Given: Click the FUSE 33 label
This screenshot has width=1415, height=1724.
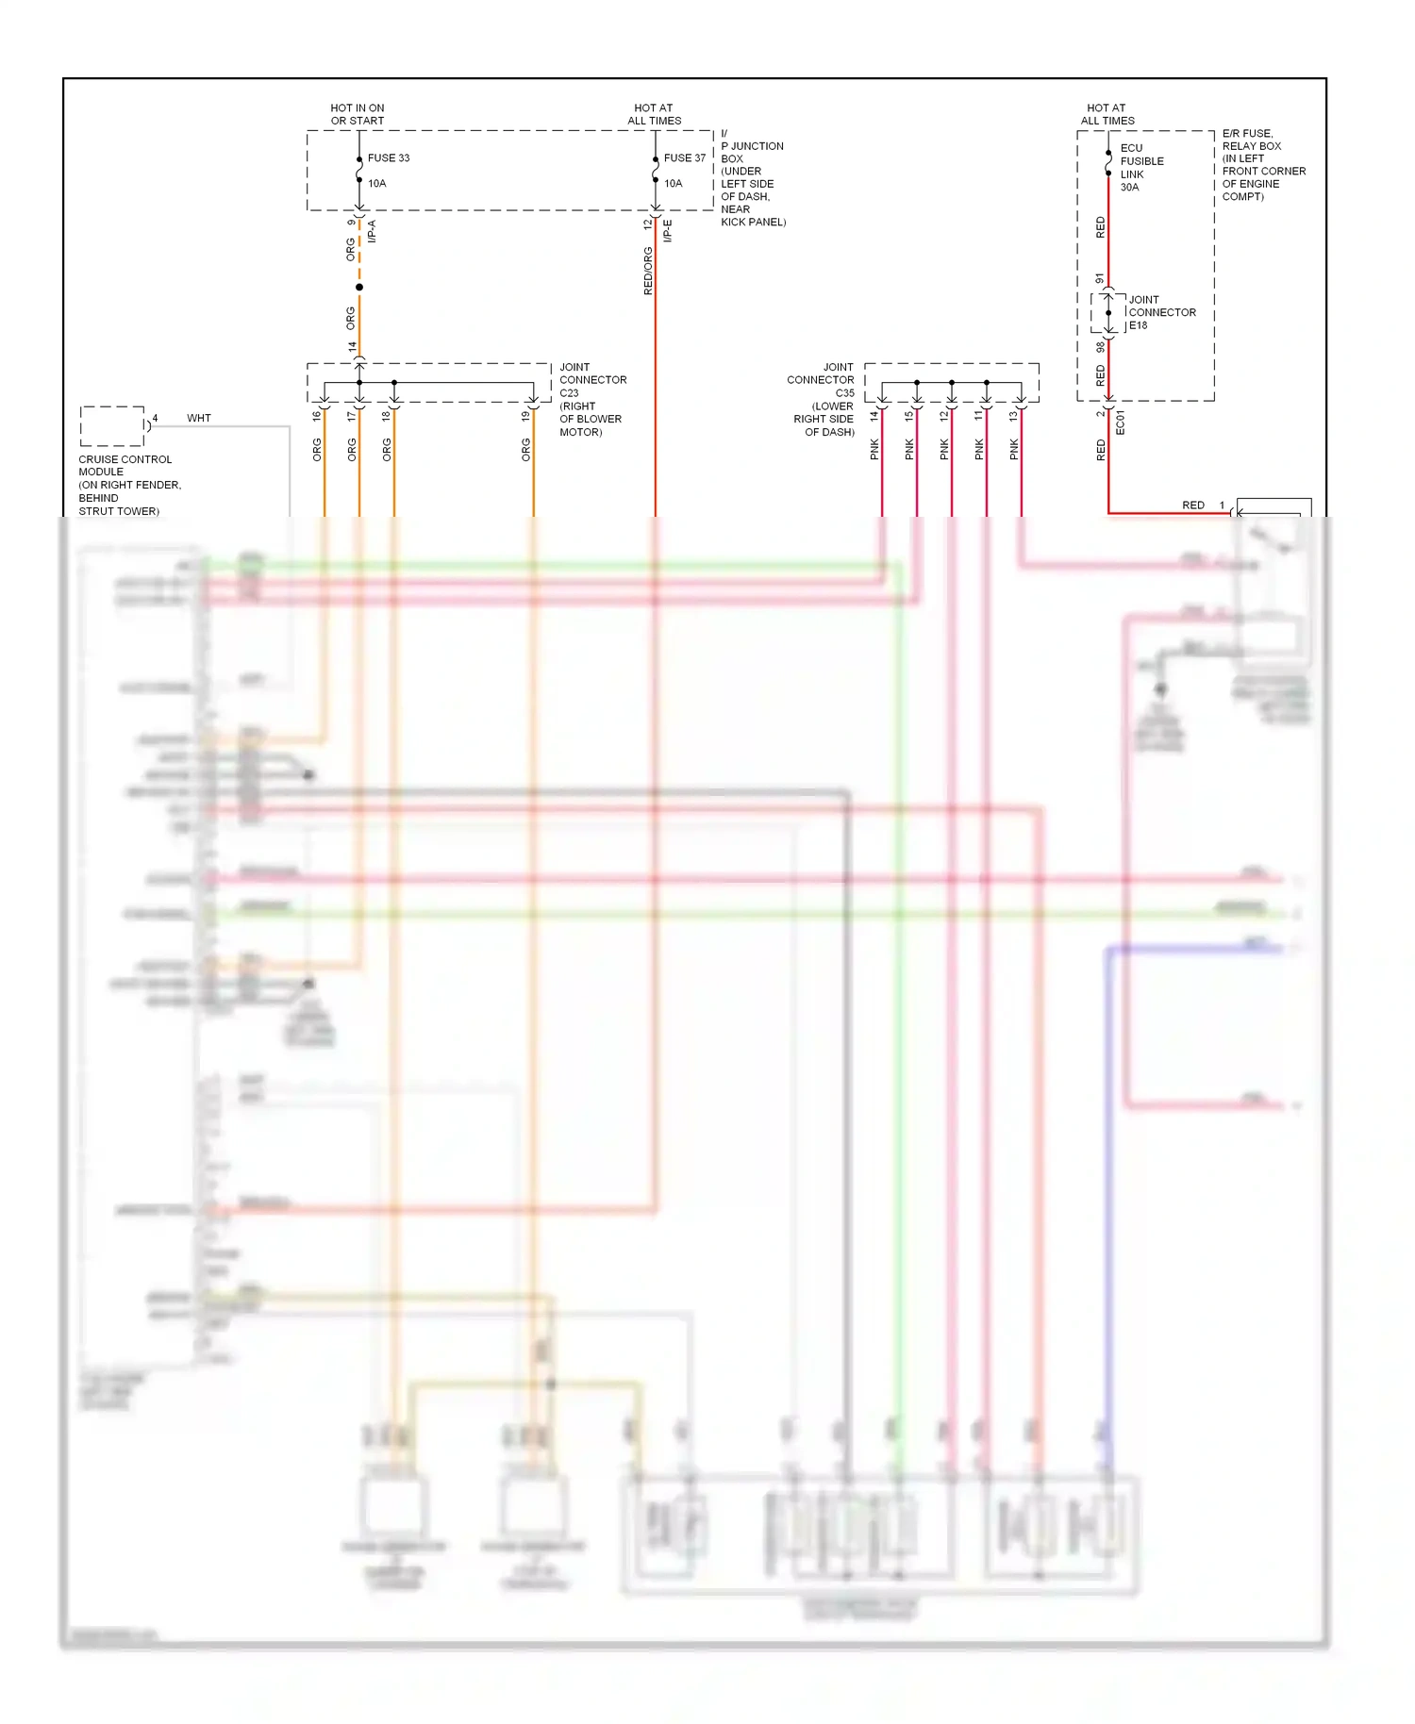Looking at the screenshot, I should coord(388,157).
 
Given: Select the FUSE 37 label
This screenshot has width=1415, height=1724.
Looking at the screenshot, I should coord(684,157).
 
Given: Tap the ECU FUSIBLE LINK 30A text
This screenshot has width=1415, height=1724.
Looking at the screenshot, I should coord(1140,168).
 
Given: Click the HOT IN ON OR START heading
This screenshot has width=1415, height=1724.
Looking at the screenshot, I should coord(357,114).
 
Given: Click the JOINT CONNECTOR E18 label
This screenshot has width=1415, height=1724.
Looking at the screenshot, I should coord(1161,312).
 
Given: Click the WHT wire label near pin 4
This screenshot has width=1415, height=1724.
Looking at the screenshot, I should coord(199,418).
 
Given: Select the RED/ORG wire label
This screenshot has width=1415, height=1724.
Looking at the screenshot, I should coord(648,271).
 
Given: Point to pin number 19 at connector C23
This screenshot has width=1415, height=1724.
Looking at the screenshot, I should coord(525,416).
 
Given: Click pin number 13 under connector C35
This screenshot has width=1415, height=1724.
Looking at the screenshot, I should coord(1013,416).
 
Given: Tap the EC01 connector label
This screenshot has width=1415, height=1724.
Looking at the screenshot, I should coord(1121,422).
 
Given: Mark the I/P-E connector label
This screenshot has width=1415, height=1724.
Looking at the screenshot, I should coord(667,231).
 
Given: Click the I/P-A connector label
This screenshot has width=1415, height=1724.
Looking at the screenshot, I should coord(372,231).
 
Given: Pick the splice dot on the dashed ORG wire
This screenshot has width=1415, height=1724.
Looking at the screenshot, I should coord(359,287).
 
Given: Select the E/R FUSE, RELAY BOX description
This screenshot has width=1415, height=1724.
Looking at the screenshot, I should coord(1263,165).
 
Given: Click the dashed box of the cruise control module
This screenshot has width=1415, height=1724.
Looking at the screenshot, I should coord(112,426).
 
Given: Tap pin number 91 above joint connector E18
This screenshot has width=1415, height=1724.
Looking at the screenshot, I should coord(1099,279).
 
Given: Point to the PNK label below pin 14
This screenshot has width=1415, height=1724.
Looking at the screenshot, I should coord(874,449).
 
